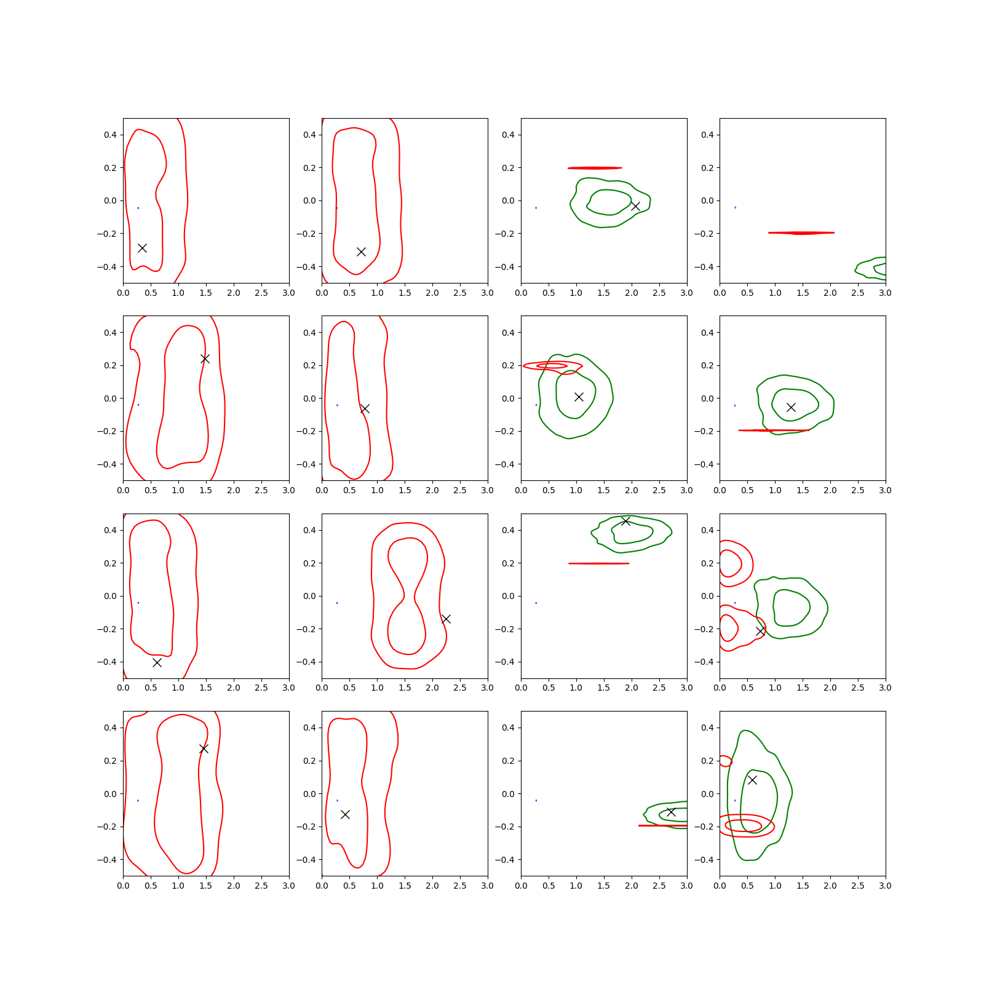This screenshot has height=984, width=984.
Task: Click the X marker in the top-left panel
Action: coord(142,248)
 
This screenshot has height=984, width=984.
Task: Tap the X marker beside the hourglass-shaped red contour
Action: coord(446,619)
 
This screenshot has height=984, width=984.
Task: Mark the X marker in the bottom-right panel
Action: coord(752,780)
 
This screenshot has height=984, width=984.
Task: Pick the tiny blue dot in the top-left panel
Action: coord(138,208)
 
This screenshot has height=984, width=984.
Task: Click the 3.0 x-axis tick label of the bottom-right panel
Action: coord(885,886)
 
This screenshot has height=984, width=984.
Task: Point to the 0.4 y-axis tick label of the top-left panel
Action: coord(110,135)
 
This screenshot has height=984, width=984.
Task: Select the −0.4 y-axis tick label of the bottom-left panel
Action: coord(107,860)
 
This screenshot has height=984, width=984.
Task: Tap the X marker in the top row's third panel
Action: coord(635,206)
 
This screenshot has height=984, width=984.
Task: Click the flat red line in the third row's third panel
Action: coord(598,563)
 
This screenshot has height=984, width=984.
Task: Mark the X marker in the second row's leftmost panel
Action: coord(205,359)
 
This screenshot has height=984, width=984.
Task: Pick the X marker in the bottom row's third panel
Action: coord(671,812)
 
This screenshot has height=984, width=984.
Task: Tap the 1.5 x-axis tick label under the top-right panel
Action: coord(803,293)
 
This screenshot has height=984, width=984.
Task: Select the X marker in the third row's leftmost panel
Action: coord(157,662)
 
